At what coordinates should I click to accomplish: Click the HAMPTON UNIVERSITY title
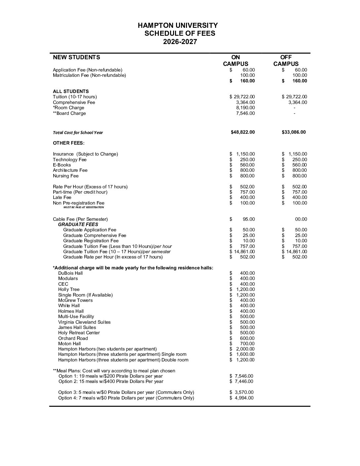178,25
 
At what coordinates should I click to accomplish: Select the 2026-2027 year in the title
180,42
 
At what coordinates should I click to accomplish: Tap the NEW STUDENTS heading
76,57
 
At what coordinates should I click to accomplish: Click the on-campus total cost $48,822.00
243,132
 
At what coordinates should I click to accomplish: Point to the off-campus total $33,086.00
293,132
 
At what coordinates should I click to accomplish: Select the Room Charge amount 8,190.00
245,108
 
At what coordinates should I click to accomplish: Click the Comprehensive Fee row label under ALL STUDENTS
74,102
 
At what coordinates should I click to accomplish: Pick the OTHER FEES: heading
68,143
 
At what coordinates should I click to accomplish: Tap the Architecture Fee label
70,170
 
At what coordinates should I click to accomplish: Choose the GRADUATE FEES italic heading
78,224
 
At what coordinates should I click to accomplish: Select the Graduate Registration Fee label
91,241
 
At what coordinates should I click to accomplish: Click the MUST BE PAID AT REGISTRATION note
84,207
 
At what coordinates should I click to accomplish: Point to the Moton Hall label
69,344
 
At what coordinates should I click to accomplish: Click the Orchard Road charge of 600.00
247,338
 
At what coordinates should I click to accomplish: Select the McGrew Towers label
75,300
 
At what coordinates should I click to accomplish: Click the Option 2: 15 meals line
111,381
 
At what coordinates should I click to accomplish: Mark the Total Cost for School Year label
78,132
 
